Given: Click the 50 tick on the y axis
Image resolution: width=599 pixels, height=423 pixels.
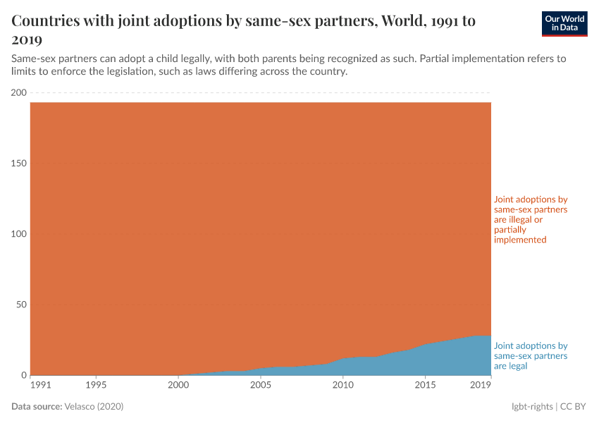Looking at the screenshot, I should [21, 305].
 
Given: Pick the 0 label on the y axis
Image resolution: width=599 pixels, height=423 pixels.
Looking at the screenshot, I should [23, 375].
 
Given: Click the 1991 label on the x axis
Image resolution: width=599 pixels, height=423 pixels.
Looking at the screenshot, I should [40, 386].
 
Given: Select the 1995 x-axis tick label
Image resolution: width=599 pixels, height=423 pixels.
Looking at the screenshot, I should [97, 386].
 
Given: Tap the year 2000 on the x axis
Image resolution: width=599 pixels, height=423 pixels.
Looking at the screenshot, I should [178, 386].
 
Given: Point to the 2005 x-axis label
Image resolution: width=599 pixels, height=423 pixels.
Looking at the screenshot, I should [261, 386].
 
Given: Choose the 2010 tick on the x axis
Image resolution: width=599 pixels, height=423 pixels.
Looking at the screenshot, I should [342, 386].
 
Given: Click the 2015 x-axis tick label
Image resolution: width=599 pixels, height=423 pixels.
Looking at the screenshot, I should [425, 386].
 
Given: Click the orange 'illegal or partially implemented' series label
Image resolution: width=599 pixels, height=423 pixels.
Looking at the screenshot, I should [531, 220].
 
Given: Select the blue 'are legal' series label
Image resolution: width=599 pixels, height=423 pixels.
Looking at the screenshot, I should [531, 356].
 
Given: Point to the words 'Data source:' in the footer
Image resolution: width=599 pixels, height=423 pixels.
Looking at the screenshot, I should [37, 407].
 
